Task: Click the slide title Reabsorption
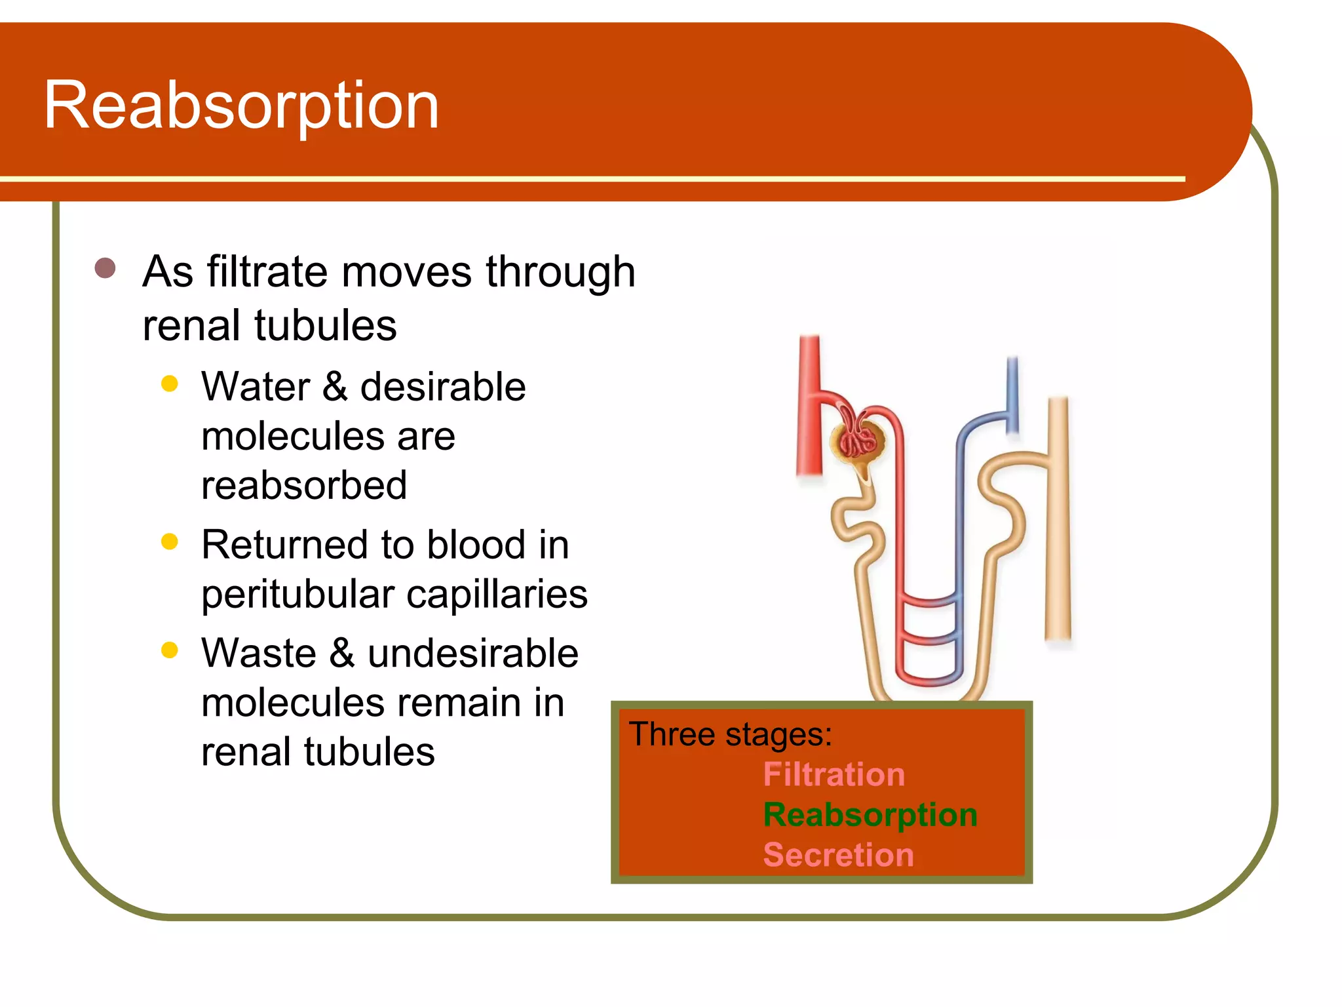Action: click(x=240, y=105)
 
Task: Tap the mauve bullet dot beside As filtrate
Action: click(x=105, y=268)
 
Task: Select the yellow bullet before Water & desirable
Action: click(x=170, y=384)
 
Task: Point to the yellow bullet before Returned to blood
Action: click(x=170, y=542)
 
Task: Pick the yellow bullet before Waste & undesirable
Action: click(x=170, y=650)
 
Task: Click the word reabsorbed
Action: click(x=304, y=485)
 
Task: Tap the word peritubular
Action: click(x=298, y=595)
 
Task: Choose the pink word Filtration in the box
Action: click(x=834, y=774)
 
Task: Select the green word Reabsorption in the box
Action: click(x=870, y=815)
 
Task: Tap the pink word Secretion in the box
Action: click(x=838, y=855)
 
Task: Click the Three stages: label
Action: click(x=731, y=734)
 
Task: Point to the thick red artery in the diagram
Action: click(x=810, y=406)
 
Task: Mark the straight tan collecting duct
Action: click(x=1058, y=518)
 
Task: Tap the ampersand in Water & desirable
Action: click(x=335, y=386)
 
